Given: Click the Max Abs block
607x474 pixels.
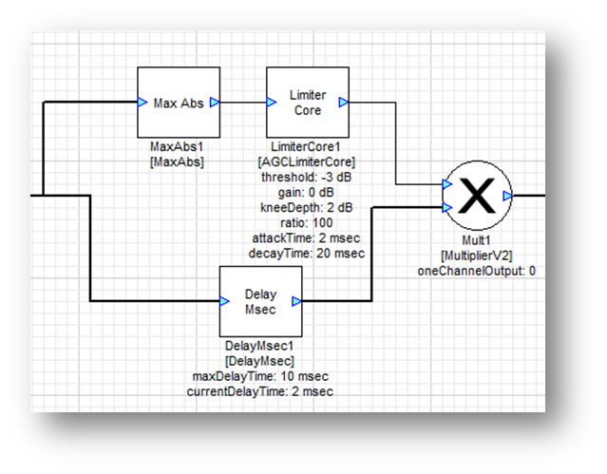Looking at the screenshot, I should point(179,103).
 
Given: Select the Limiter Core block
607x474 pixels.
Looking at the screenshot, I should point(307,103).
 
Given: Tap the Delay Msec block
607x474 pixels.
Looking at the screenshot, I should point(260,301).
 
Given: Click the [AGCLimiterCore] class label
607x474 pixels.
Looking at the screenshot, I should point(307,161).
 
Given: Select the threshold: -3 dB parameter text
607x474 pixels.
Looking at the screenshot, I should point(307,176).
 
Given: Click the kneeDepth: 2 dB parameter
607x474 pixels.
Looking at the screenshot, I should point(307,206).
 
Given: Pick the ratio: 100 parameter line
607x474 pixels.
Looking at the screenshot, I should point(307,221).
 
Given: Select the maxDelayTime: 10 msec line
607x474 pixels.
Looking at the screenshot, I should point(260,376).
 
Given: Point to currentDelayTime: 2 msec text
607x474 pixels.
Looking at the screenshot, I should point(260,391).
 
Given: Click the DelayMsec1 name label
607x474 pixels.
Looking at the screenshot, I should point(260,346).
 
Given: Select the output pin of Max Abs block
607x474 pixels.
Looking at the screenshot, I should point(215,103).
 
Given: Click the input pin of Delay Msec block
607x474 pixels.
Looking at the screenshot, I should point(225,301).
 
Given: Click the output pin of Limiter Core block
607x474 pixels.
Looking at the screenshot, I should point(343,103).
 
